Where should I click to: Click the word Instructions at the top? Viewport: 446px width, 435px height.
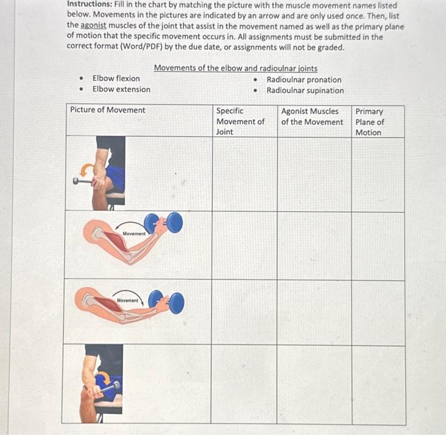pos(89,5)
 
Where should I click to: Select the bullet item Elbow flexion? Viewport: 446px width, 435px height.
pos(116,78)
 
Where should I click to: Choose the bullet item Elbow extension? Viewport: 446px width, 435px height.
pos(121,89)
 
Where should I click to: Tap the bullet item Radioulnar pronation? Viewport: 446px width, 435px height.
pos(303,80)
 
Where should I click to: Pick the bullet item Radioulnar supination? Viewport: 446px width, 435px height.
pos(305,90)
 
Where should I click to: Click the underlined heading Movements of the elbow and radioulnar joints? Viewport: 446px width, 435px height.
pos(235,68)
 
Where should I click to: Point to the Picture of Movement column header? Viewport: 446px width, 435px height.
pos(108,110)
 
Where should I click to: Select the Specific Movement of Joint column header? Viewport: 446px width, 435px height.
pos(240,121)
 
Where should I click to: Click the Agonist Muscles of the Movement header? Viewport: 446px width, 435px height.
pos(312,116)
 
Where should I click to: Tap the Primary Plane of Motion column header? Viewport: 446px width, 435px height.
pos(370,122)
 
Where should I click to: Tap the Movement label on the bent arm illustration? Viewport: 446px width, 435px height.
pos(134,234)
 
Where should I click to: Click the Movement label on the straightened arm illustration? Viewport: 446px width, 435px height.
pos(128,299)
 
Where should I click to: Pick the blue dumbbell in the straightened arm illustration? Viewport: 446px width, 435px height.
pos(168,302)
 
